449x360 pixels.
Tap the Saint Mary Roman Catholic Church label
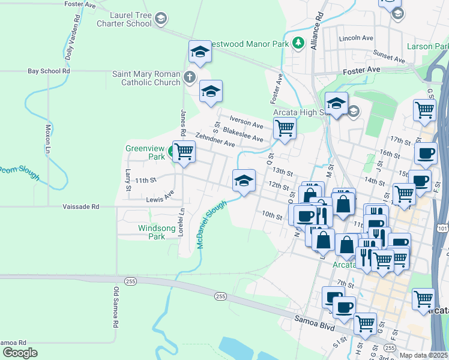point(146,78)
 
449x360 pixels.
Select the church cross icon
point(190,77)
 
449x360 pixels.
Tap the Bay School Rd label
point(49,71)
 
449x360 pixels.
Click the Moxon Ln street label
point(49,138)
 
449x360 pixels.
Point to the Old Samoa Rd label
point(115,307)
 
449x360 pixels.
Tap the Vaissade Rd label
point(80,206)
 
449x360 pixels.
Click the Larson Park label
point(427,46)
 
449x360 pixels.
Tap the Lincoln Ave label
point(356,37)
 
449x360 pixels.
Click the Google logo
point(19,353)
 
